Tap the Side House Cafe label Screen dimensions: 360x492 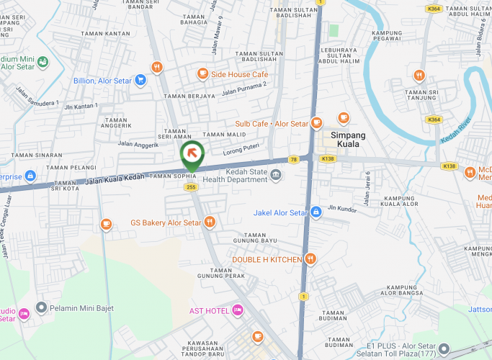pyautogui.click(x=239, y=74)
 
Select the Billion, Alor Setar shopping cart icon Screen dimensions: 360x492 pyautogui.click(x=140, y=81)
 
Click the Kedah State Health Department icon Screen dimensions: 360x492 pyautogui.click(x=276, y=174)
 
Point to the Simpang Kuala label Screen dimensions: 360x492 pyautogui.click(x=348, y=139)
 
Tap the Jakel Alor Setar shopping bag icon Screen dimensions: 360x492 pyautogui.click(x=316, y=212)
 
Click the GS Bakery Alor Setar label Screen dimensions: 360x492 pyautogui.click(x=165, y=223)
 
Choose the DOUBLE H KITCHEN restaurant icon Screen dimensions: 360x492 pyautogui.click(x=310, y=259)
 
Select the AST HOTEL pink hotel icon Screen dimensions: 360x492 pyautogui.click(x=238, y=310)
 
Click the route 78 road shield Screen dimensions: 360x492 pyautogui.click(x=293, y=159)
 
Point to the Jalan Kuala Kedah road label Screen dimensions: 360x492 pyautogui.click(x=115, y=178)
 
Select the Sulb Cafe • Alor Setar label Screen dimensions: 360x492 pyautogui.click(x=272, y=124)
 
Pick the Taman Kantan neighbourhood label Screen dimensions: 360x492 pyautogui.click(x=107, y=34)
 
